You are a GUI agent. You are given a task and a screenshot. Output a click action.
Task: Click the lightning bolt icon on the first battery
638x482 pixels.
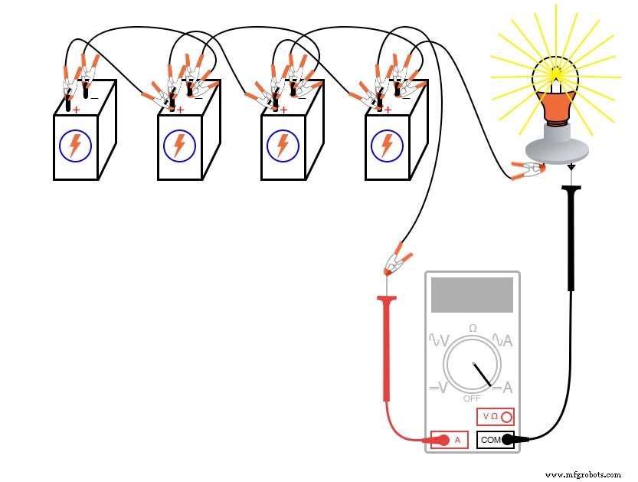(75, 146)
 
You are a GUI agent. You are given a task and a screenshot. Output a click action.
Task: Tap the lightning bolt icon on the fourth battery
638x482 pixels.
(387, 146)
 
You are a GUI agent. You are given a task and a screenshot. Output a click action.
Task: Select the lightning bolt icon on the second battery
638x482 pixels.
(179, 146)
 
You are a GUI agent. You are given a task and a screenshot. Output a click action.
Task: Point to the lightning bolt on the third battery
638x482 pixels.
(283, 146)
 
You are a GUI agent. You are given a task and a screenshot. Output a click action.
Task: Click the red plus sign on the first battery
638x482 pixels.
(76, 110)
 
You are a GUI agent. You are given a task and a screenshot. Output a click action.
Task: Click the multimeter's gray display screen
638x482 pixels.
(472, 295)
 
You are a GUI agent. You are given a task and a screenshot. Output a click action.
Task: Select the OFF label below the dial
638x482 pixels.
(472, 398)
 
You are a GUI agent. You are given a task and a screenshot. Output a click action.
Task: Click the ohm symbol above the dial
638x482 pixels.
(473, 328)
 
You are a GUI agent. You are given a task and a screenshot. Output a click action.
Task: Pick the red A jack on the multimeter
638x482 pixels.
(450, 440)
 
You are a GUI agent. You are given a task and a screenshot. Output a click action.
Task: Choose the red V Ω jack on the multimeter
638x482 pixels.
(495, 417)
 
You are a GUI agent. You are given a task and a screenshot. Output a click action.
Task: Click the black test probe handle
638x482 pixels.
(571, 238)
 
